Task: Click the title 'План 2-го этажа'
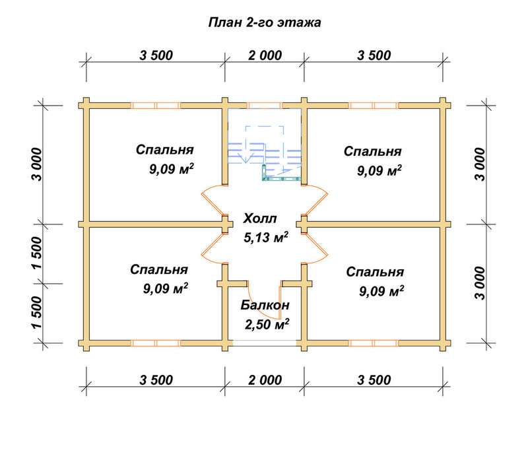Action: [265, 22]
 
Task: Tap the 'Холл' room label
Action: [260, 218]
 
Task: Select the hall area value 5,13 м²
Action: [266, 238]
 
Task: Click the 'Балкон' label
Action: [265, 305]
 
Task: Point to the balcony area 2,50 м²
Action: [267, 324]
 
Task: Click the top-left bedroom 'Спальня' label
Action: [164, 149]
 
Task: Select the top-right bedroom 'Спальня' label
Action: [372, 151]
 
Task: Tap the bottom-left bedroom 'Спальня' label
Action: [159, 269]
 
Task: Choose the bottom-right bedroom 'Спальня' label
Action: [375, 272]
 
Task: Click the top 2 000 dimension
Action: [265, 55]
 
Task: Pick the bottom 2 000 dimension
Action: [265, 380]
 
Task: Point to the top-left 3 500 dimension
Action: [156, 55]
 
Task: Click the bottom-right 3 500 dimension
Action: [374, 380]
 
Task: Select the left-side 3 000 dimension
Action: [37, 164]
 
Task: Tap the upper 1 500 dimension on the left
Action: [37, 253]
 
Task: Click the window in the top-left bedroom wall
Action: [156, 106]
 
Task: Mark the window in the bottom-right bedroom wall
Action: [374, 343]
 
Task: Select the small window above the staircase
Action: [265, 106]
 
